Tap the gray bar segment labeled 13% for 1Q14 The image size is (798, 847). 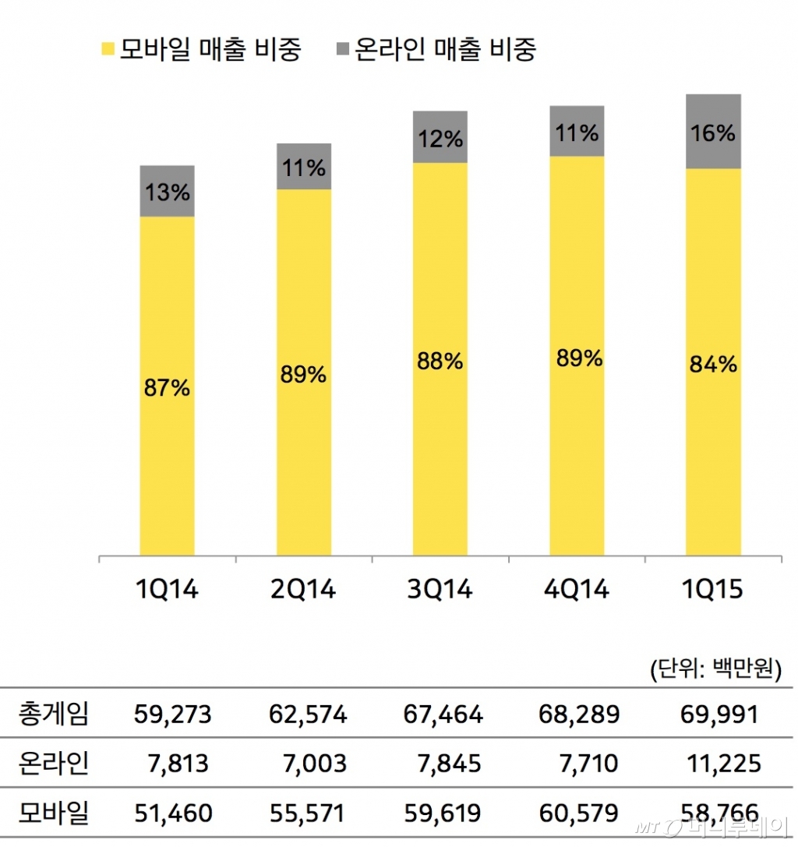click(167, 191)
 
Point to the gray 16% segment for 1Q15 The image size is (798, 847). click(713, 132)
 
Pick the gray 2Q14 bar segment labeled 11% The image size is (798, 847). click(304, 167)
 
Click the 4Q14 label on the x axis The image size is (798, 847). click(576, 590)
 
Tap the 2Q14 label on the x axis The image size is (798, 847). click(303, 590)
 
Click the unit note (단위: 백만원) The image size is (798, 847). click(715, 669)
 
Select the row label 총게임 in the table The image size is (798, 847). click(53, 714)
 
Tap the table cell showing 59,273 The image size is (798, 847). click(171, 714)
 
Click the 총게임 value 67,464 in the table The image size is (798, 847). click(444, 714)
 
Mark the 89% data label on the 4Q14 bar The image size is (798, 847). click(577, 358)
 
